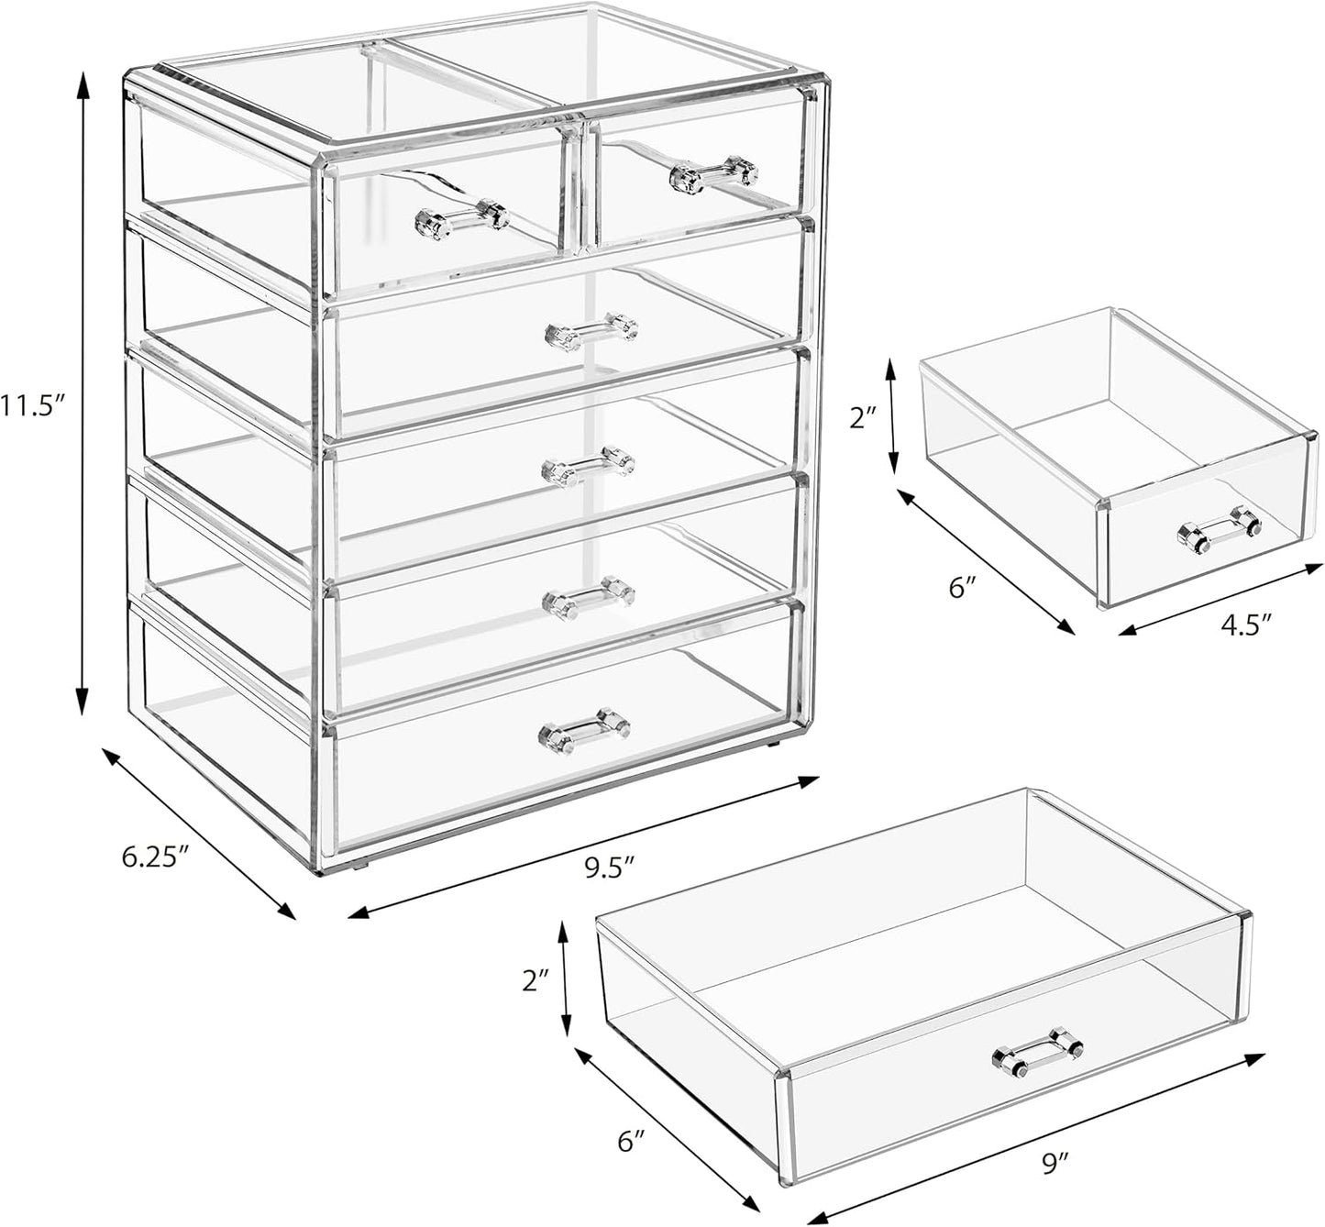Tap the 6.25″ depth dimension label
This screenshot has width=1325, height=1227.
(x=155, y=857)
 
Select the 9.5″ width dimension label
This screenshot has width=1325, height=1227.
(x=610, y=867)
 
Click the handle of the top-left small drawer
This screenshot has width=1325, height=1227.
(x=461, y=220)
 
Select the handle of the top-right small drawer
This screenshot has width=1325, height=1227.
(x=714, y=174)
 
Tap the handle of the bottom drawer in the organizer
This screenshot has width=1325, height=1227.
(x=584, y=730)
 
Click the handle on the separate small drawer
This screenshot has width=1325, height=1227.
(x=1219, y=531)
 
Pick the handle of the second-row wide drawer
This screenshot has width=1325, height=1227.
(x=591, y=331)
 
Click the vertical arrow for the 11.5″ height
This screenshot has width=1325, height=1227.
(x=83, y=394)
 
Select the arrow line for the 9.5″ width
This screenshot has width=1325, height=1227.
(x=583, y=846)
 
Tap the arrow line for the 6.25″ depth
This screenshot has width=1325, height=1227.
(x=198, y=832)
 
